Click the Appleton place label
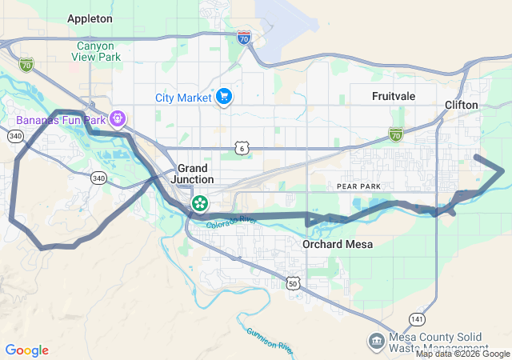(90, 18)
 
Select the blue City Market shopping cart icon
(224, 98)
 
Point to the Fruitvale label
(393, 96)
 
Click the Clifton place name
(462, 105)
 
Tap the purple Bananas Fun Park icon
(118, 119)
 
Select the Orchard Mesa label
(334, 244)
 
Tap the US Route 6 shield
(241, 148)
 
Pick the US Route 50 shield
(294, 283)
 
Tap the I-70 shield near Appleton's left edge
(26, 63)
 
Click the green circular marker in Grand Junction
(198, 202)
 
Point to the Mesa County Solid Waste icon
(376, 342)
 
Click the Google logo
(26, 350)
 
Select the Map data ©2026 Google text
(462, 354)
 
